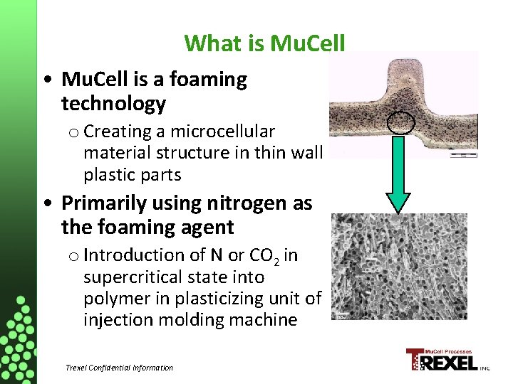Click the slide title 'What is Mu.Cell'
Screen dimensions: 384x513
(264, 43)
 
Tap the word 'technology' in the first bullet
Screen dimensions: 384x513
(113, 105)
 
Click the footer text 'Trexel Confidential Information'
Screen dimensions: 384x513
(119, 368)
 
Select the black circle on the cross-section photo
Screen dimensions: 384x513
(400, 122)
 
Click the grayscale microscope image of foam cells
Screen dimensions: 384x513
(399, 267)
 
